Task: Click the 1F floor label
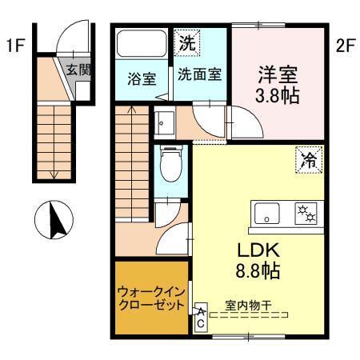click(14, 46)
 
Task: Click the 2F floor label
click(345, 46)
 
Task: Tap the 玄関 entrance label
click(78, 69)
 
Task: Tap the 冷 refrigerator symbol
click(307, 159)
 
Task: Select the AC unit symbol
click(200, 319)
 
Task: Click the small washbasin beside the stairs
click(165, 122)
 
